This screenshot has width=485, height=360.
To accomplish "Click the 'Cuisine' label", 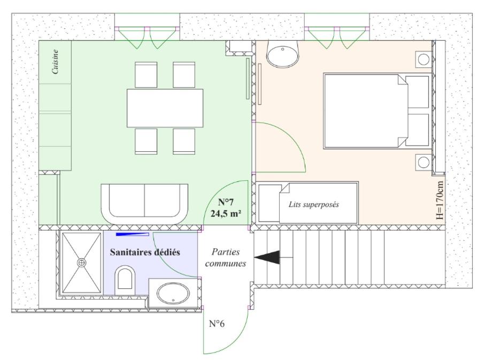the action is (x=56, y=62).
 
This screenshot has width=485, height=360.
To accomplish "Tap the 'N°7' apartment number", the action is (x=226, y=202).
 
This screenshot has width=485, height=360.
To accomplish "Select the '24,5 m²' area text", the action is (x=226, y=213).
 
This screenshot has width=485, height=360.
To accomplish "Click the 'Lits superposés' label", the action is (x=314, y=204).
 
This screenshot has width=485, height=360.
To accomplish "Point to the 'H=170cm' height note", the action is (x=440, y=200).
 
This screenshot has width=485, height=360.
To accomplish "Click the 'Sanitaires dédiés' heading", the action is (x=145, y=252).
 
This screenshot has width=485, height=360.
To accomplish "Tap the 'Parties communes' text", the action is (x=226, y=257).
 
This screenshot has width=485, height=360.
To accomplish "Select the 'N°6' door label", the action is (x=217, y=324).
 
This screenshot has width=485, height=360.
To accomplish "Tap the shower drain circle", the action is (x=82, y=263).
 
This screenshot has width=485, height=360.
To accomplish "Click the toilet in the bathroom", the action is (x=125, y=280).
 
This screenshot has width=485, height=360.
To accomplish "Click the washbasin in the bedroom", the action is (x=283, y=55).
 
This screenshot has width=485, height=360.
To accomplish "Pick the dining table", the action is (x=165, y=108).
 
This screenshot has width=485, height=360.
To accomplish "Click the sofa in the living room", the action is (x=144, y=204).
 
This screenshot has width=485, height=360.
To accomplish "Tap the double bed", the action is (x=378, y=111).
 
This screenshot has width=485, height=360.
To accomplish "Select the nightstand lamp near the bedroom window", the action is (x=424, y=59).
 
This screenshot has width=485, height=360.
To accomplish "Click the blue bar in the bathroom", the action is (x=133, y=234).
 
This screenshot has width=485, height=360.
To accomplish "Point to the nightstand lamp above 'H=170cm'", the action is (x=424, y=162).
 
